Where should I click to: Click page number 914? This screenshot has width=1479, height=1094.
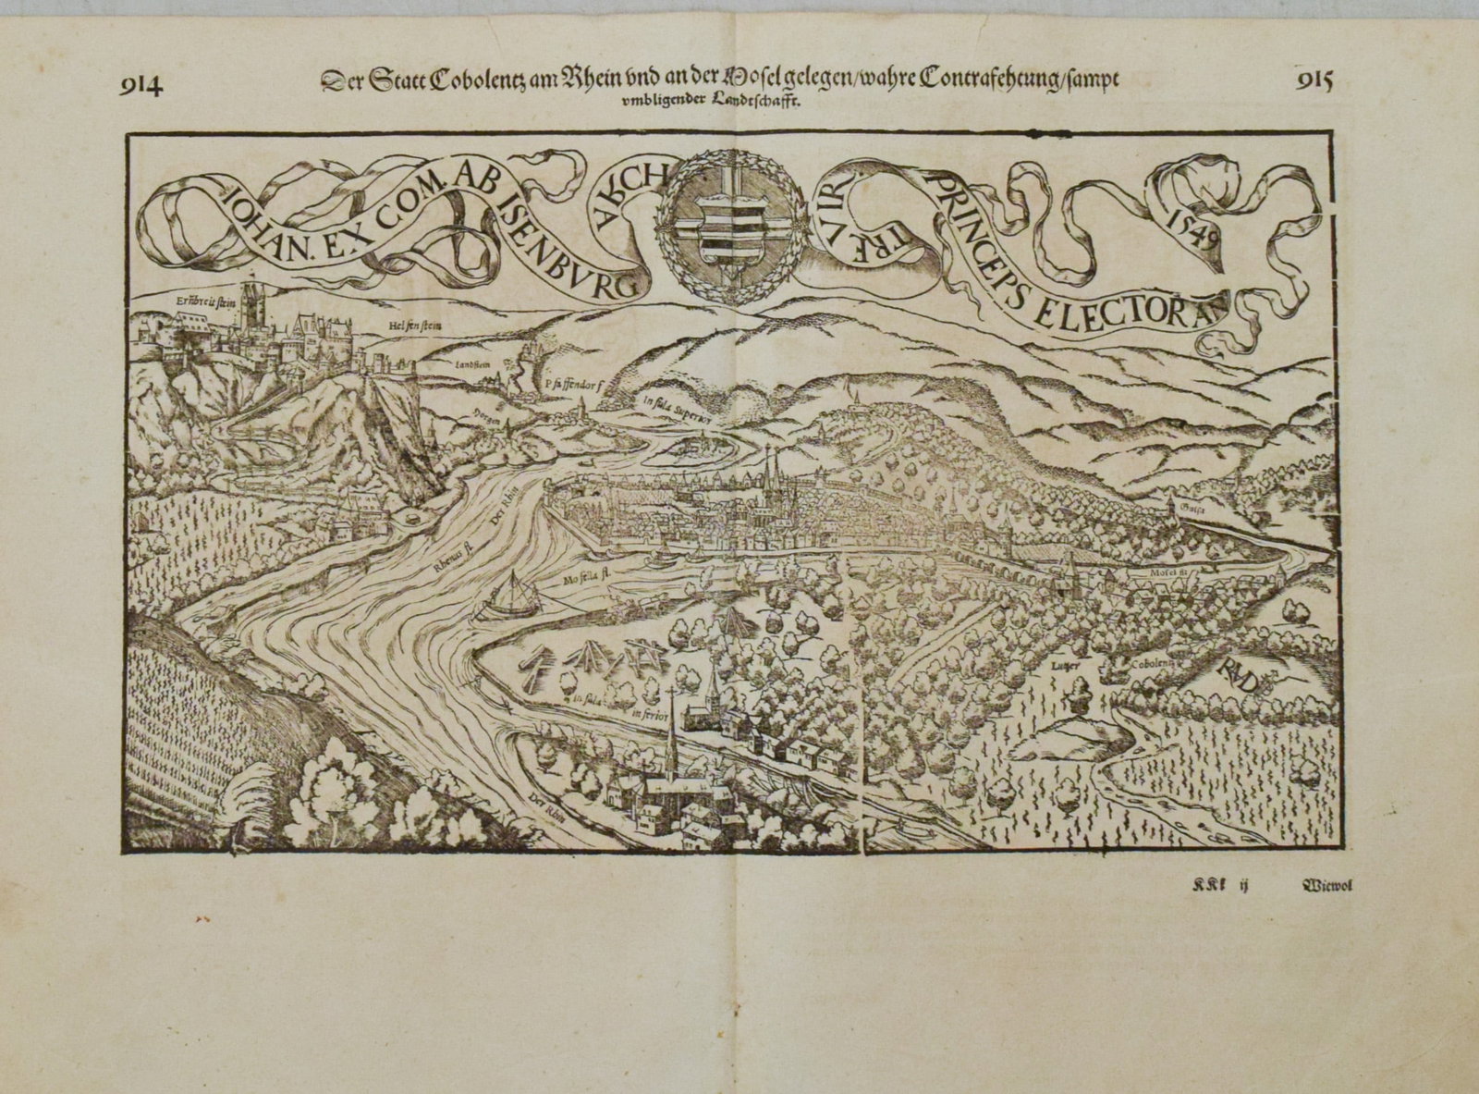[x=141, y=86]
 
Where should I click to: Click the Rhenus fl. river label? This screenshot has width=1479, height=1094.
[x=455, y=558]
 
